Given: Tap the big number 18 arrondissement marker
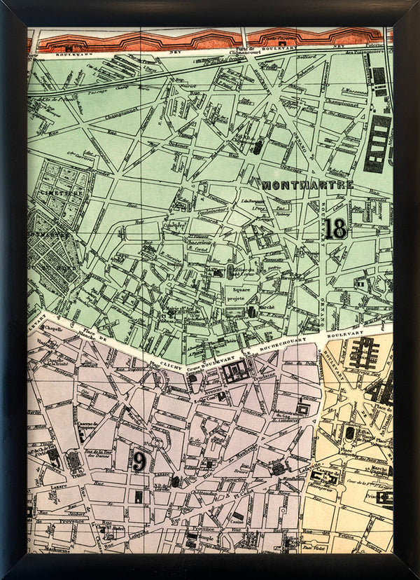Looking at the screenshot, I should [x=335, y=228].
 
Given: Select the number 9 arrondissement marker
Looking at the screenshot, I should [x=139, y=461].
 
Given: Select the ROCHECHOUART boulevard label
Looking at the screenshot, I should [x=280, y=345].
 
